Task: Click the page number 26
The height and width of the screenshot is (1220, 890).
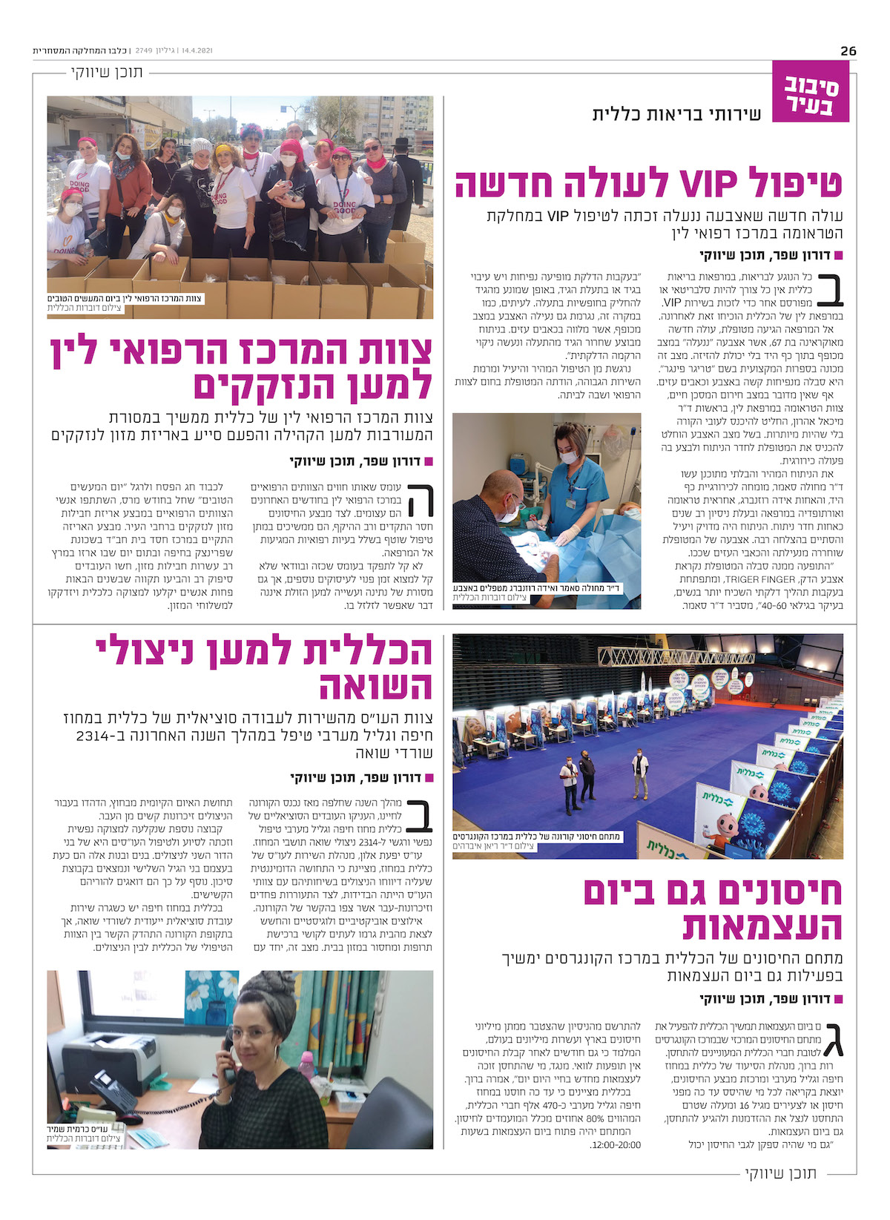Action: pos(848,50)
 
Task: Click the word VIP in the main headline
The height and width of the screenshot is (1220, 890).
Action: pos(705,182)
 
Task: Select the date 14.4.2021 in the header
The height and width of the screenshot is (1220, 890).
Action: pos(196,50)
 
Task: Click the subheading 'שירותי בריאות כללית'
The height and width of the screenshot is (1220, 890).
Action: pos(676,114)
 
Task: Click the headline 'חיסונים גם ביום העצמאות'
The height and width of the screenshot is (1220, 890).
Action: pos(713,909)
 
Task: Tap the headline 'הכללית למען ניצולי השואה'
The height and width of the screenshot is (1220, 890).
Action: pos(265,667)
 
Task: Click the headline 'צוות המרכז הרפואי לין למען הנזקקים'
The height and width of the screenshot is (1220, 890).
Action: pos(241,368)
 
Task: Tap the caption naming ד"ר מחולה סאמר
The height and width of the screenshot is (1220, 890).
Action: pos(537,588)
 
